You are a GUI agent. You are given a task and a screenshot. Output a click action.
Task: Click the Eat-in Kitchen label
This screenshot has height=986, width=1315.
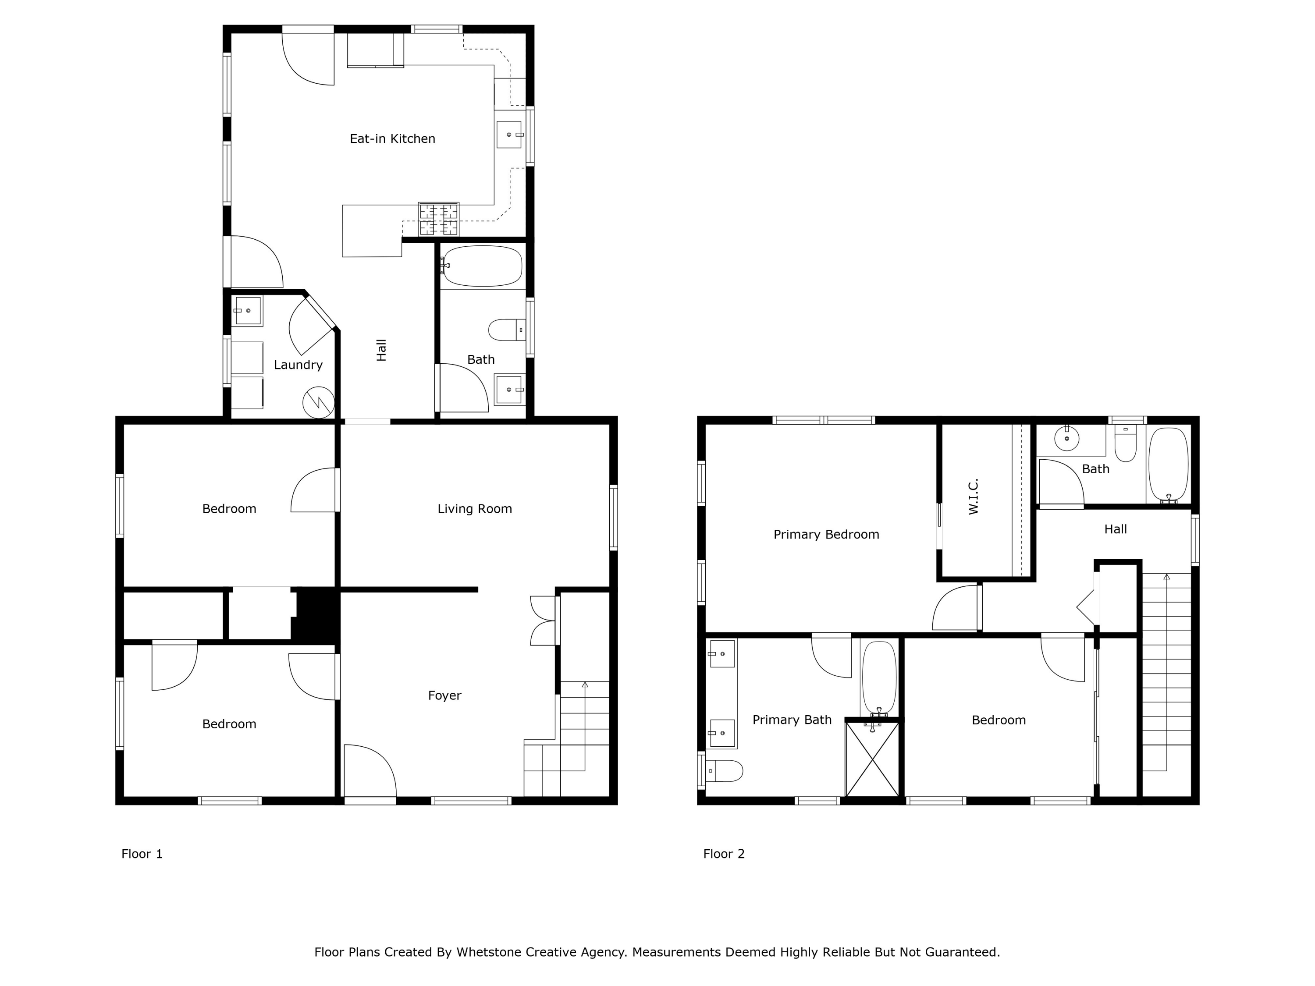coord(392,139)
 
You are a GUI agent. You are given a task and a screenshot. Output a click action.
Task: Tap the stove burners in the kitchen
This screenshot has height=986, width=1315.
coord(439,219)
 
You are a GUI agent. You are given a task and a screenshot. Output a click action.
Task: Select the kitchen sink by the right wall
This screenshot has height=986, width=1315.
coord(509,135)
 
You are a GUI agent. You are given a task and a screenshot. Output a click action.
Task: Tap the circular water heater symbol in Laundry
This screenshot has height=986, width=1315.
coord(319,403)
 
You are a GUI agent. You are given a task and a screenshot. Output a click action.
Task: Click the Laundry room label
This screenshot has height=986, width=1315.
coord(298,365)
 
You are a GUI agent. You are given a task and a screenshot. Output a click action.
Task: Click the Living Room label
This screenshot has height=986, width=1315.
coord(474,509)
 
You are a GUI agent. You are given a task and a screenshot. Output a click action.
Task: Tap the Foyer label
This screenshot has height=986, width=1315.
coord(444,695)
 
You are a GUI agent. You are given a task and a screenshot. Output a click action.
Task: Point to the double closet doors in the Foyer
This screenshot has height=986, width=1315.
coord(543,621)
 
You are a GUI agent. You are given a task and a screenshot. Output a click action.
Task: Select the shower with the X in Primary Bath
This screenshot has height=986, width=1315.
coord(872,759)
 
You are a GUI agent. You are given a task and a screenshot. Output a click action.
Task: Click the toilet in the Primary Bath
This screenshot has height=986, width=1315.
coord(725,771)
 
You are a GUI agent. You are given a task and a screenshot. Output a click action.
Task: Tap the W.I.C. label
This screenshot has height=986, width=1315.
coord(973,497)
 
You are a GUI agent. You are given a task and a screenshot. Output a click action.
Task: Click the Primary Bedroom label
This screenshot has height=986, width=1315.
coord(826,534)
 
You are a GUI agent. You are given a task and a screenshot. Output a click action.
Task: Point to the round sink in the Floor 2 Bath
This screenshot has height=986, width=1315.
coord(1067,439)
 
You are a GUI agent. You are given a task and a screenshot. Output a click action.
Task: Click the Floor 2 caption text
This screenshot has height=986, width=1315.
coord(724,854)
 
